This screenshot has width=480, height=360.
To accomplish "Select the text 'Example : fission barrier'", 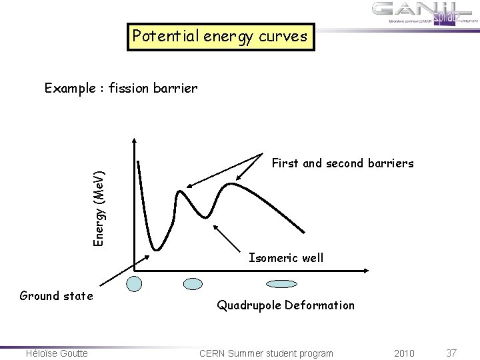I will click(120, 87).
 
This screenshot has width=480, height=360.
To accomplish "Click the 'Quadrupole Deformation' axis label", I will click(285, 305).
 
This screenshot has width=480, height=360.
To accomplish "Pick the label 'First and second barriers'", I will click(343, 163).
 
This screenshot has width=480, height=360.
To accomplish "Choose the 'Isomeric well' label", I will click(285, 257).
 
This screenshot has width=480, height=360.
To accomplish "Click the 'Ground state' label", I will click(56, 295).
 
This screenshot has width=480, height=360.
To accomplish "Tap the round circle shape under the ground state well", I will click(135, 284).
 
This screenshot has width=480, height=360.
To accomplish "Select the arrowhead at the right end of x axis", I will click(367, 271).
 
